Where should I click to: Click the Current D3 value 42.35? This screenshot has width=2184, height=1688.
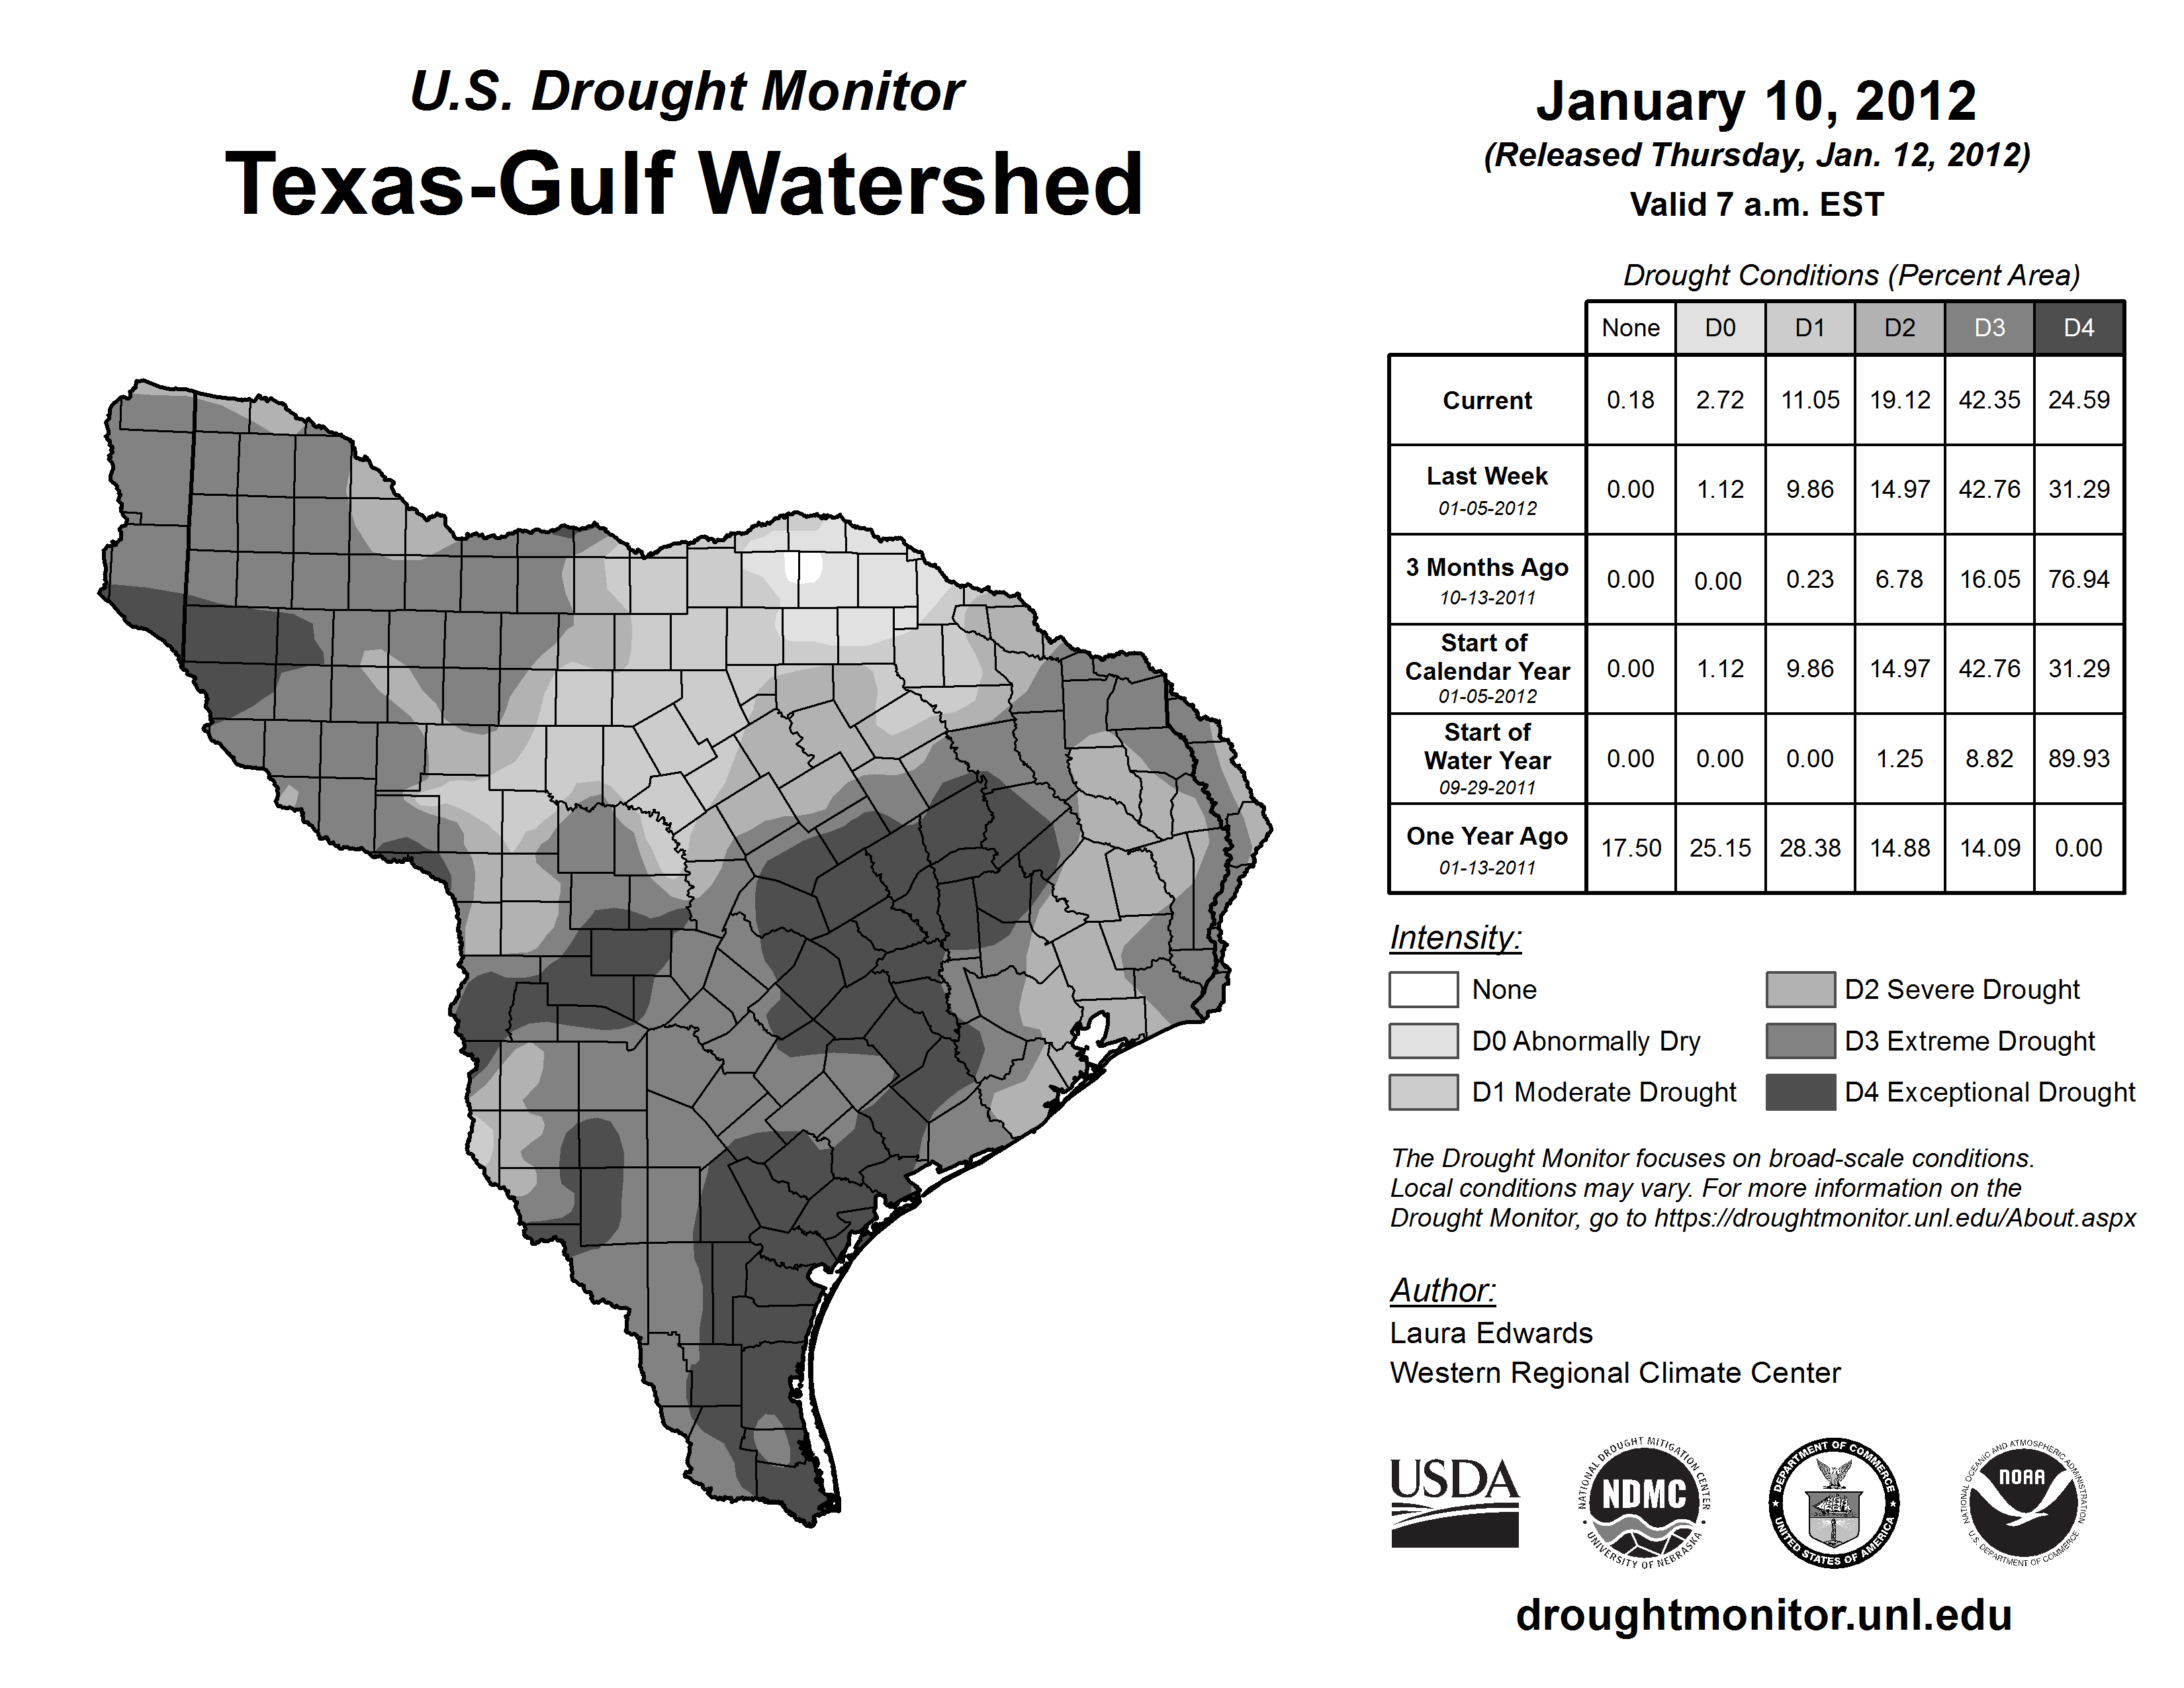[x=1988, y=400]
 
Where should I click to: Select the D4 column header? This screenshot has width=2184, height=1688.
[x=2078, y=328]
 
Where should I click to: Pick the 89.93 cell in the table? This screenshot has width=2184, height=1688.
[x=2078, y=759]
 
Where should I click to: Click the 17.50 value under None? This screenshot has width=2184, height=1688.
[x=1630, y=848]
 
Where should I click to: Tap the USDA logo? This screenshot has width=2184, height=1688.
[x=1454, y=1502]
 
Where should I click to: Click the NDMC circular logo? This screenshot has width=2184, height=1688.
[x=1644, y=1502]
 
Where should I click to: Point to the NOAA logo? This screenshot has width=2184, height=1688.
[x=2022, y=1502]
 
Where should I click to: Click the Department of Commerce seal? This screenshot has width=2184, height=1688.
[x=1834, y=1502]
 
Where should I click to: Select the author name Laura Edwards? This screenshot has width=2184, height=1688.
[x=1490, y=1333]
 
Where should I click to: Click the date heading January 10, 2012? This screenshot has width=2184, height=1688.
[x=1756, y=101]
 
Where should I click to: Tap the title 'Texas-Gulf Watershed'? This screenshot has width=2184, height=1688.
[x=684, y=184]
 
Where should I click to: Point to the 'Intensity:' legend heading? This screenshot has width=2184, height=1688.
[x=1455, y=938]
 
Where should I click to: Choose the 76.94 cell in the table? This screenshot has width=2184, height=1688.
[x=2078, y=579]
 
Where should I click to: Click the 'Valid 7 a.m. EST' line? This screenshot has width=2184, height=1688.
[x=1756, y=205]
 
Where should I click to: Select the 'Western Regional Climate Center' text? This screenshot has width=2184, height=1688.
[x=1614, y=1373]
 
